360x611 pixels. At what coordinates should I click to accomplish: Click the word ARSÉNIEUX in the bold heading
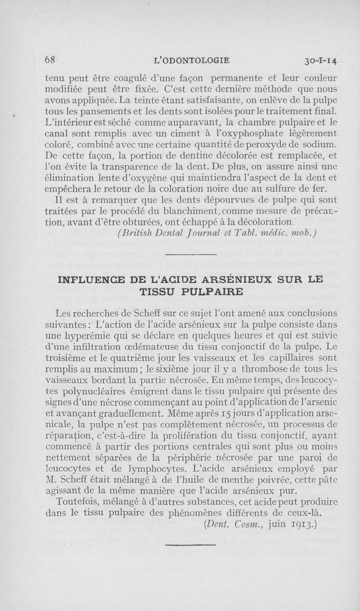pyautogui.click(x=214, y=280)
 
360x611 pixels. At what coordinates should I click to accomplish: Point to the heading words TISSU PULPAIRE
pyautogui.click(x=191, y=291)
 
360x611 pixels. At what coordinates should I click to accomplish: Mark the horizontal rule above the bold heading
pyautogui.click(x=191, y=254)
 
